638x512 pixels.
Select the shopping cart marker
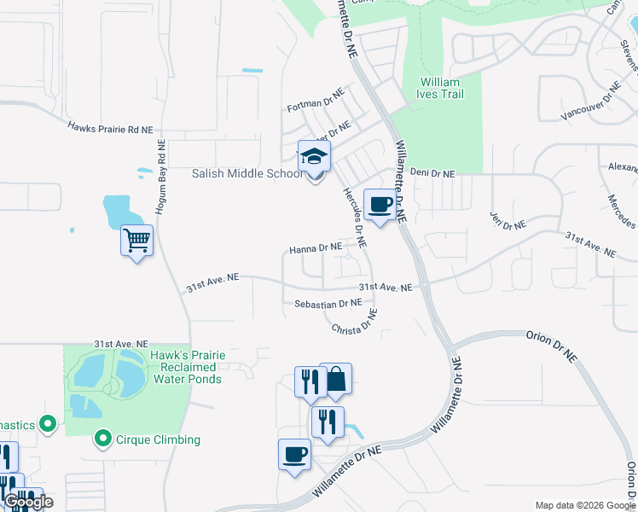tap(136, 242)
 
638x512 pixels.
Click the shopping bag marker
tap(336, 380)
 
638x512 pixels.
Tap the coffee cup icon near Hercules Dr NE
tap(380, 205)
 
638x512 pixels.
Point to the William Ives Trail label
tap(441, 88)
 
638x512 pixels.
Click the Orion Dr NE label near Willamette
tap(555, 336)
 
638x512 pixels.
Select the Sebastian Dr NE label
tap(328, 303)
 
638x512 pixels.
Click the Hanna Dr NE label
tap(316, 249)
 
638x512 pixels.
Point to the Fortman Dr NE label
tap(316, 100)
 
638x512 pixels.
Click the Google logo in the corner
tap(28, 502)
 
